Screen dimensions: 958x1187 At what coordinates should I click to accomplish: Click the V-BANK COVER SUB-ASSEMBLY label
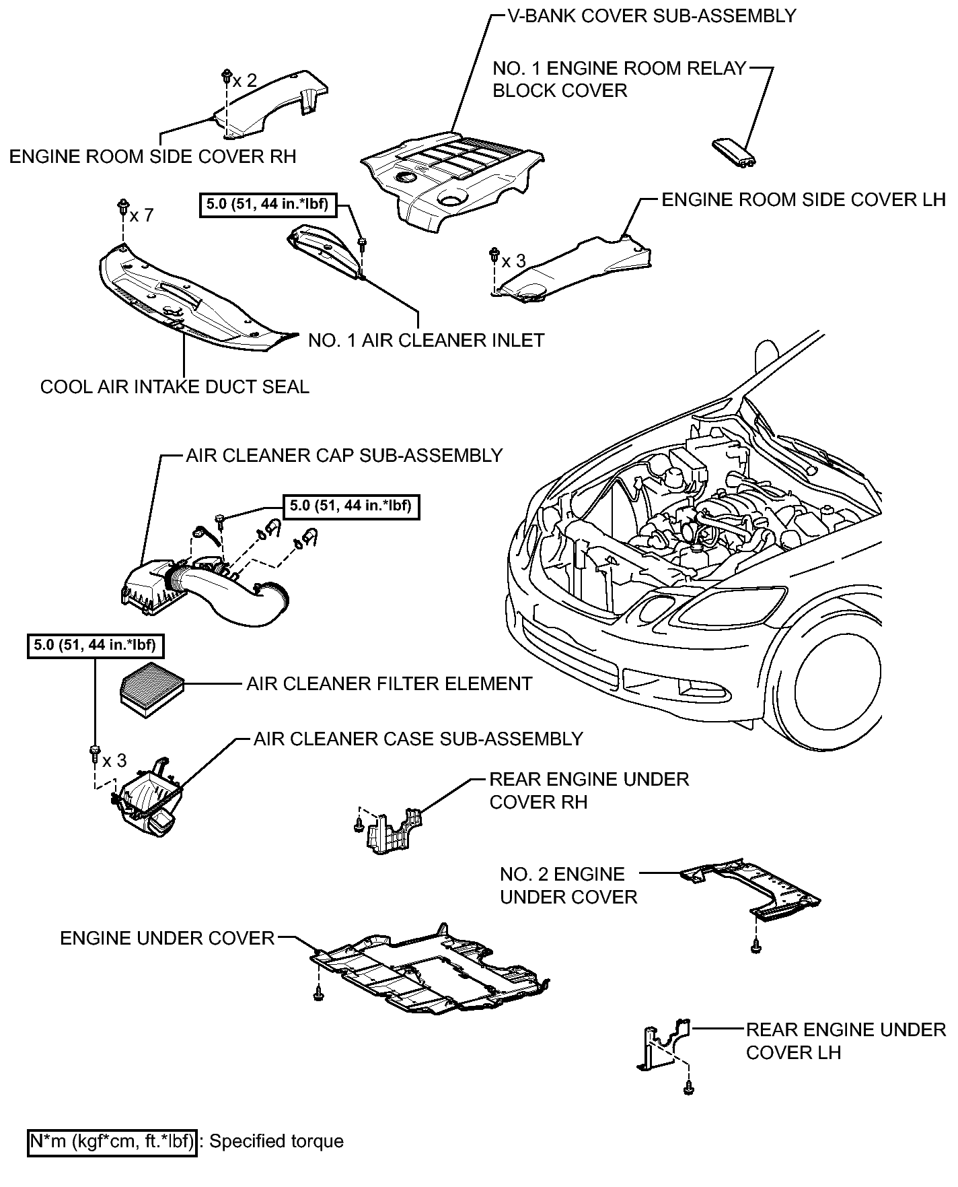tap(651, 16)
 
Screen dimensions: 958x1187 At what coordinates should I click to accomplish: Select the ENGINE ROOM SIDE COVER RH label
tap(153, 157)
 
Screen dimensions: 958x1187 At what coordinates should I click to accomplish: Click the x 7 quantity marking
tap(142, 215)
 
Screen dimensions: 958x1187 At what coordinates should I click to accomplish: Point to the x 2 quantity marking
tap(245, 81)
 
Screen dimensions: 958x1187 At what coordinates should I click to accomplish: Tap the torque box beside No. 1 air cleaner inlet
tap(268, 204)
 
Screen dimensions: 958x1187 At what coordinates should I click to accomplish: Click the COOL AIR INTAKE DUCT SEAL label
tap(175, 387)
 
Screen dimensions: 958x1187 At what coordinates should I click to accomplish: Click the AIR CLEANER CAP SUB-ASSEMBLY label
tap(344, 456)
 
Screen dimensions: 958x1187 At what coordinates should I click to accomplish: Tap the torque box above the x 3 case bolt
tap(96, 646)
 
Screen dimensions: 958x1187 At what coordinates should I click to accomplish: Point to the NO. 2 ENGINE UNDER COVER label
tap(568, 885)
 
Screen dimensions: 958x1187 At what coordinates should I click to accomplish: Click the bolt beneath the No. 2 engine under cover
tap(756, 947)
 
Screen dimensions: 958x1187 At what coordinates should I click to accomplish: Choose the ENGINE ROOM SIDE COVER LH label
tap(804, 200)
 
